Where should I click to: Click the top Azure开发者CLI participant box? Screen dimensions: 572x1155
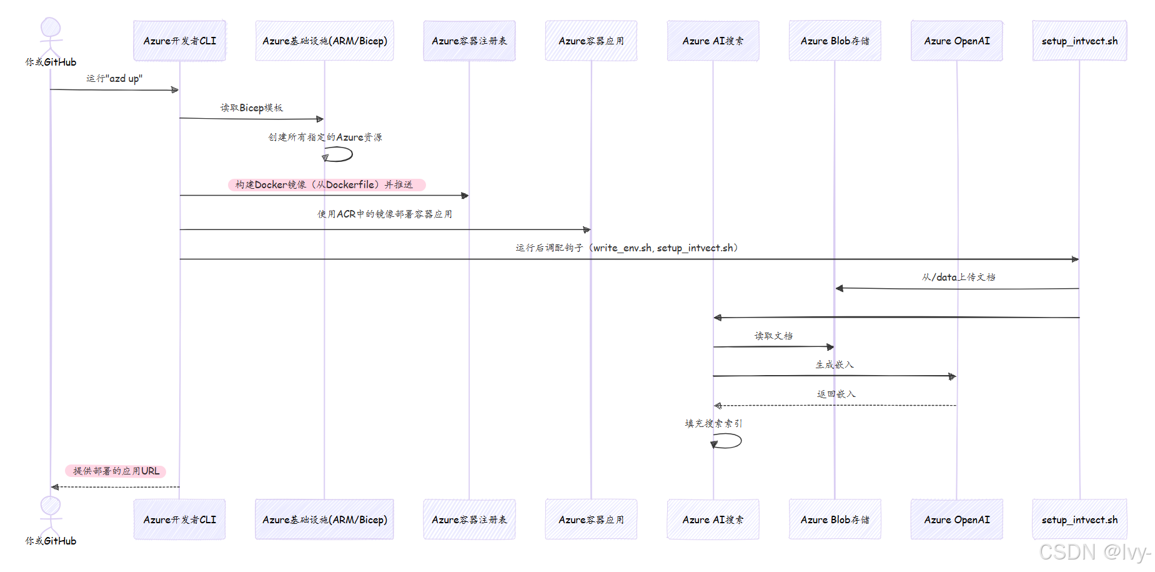click(x=180, y=41)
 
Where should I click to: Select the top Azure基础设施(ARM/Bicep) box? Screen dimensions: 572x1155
click(x=324, y=41)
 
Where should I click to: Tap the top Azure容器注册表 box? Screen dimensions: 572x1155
click(x=469, y=41)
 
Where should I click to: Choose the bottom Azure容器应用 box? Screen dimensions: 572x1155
click(x=591, y=519)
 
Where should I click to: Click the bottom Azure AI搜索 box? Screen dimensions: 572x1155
click(x=713, y=519)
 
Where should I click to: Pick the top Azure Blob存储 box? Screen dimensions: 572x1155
click(x=835, y=41)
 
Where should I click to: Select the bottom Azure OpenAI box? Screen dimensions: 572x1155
click(x=956, y=519)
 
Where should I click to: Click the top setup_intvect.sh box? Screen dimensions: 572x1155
click(x=1079, y=41)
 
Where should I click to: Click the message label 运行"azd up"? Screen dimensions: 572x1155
click(x=114, y=79)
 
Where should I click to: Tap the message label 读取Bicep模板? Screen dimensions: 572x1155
click(x=252, y=108)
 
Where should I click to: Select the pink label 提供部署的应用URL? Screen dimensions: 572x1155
click(x=116, y=471)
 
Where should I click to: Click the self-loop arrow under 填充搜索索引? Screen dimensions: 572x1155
click(x=728, y=441)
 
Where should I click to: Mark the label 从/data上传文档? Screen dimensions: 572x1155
click(x=958, y=277)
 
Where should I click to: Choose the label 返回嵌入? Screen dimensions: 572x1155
click(x=836, y=394)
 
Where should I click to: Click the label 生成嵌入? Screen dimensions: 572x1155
click(x=834, y=364)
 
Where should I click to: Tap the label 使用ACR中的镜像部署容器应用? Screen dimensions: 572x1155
click(x=385, y=214)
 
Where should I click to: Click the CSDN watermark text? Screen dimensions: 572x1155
click(x=1094, y=552)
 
